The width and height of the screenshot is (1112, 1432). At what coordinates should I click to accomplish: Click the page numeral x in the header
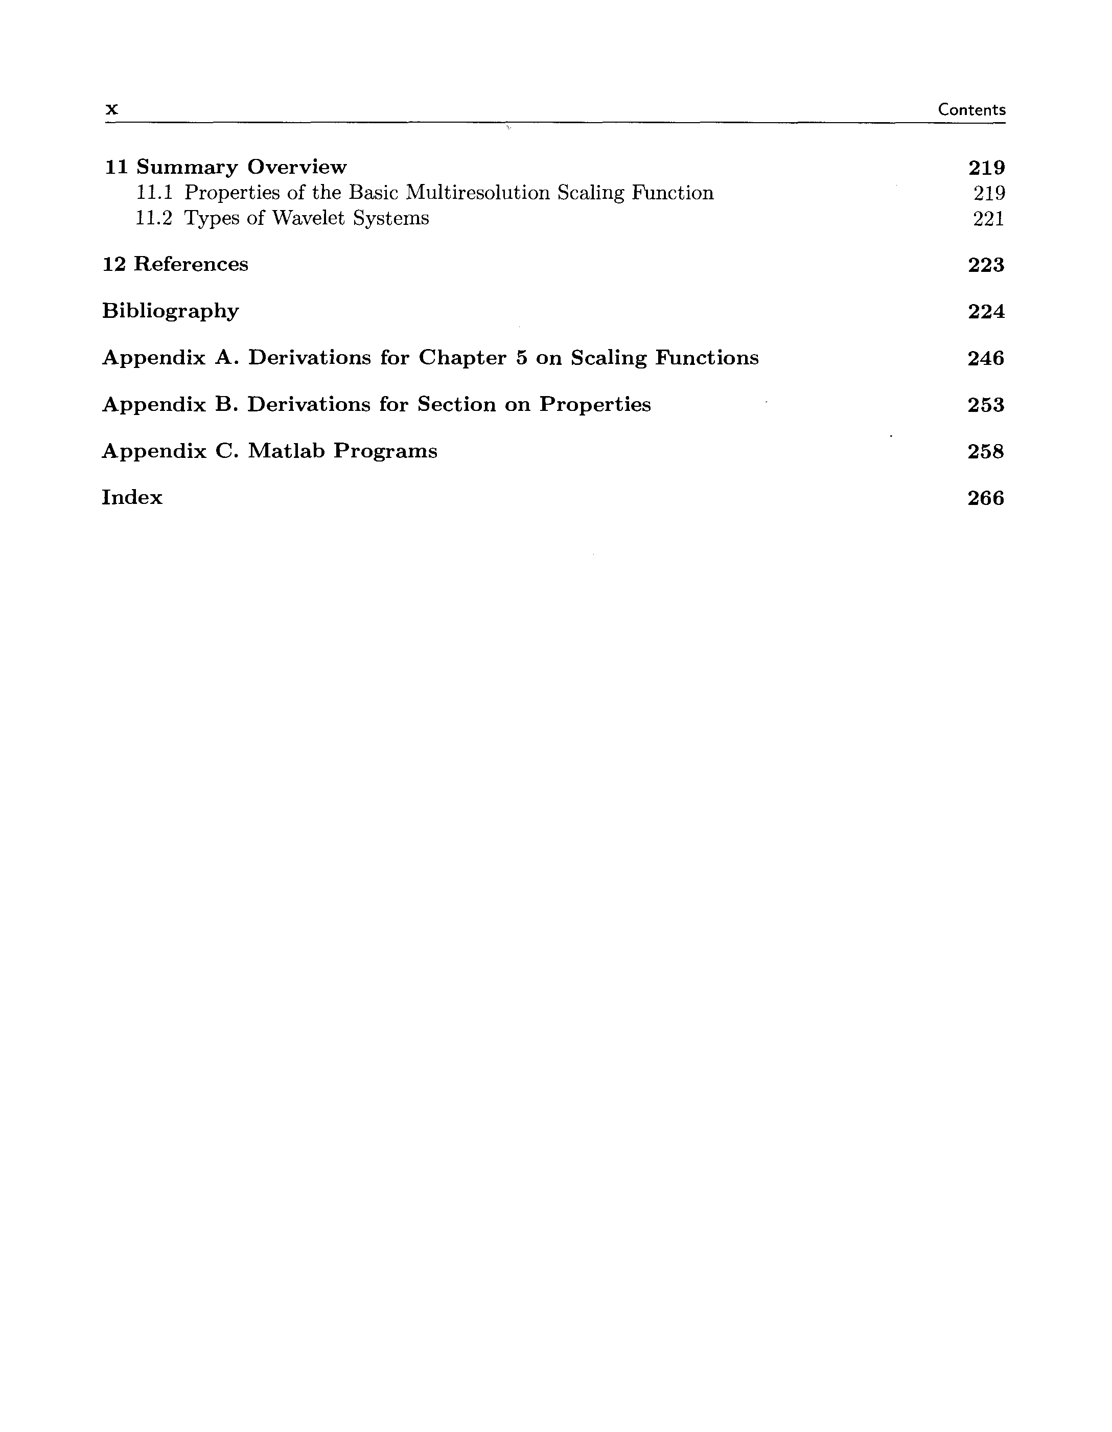pyautogui.click(x=112, y=109)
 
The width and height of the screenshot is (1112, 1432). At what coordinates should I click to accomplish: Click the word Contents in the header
pyautogui.click(x=971, y=109)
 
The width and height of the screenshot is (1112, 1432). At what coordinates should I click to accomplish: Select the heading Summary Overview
pyautogui.click(x=241, y=167)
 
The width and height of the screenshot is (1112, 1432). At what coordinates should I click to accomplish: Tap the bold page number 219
pyautogui.click(x=986, y=168)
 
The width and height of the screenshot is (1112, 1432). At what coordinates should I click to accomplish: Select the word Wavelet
pyautogui.click(x=308, y=218)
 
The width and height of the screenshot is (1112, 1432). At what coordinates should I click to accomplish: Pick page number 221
pyautogui.click(x=988, y=218)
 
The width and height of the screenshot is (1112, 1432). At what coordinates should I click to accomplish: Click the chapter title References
pyautogui.click(x=191, y=264)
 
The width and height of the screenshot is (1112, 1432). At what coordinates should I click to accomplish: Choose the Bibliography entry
pyautogui.click(x=171, y=311)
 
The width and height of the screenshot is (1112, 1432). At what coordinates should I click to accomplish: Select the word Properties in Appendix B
pyautogui.click(x=595, y=405)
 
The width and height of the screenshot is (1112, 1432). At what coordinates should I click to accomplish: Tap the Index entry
pyautogui.click(x=132, y=498)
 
